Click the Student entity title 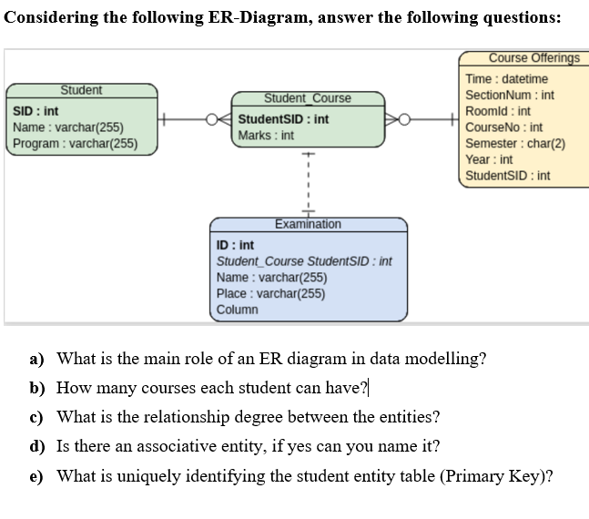81,90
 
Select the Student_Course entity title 307,98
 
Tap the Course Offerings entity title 533,58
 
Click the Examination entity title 308,224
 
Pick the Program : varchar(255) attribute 76,143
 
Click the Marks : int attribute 266,136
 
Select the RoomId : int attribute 498,111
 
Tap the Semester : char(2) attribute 515,144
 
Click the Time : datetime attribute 506,79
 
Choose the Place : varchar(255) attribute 270,293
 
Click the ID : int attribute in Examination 235,245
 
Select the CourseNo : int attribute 503,127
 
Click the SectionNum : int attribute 510,95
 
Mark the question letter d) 37,446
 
